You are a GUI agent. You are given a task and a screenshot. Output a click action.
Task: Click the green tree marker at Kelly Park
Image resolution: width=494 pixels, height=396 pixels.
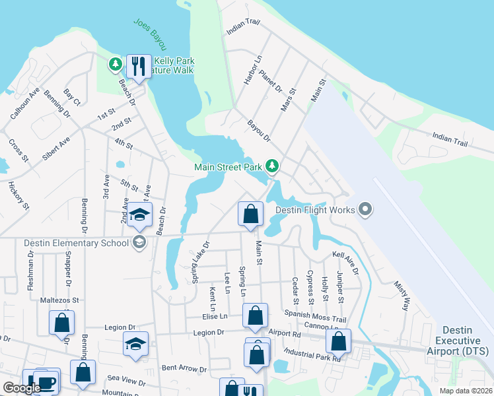116,64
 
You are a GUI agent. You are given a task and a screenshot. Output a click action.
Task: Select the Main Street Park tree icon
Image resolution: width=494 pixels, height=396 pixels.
271,165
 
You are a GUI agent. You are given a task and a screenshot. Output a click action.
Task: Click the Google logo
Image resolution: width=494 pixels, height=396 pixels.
22,388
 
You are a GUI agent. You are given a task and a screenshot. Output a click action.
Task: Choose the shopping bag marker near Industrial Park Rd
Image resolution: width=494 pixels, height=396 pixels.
338,341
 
